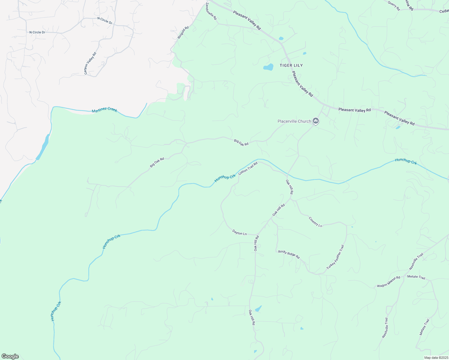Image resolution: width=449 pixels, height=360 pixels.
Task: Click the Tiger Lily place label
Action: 291,65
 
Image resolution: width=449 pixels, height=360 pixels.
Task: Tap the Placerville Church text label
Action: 294,121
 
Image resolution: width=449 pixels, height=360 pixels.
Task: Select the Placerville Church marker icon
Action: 315,121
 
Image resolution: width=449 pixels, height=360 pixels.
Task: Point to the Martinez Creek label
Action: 104,110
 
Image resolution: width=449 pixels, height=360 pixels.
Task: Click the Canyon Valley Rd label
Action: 90,63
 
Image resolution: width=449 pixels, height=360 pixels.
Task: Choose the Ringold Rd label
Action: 183,32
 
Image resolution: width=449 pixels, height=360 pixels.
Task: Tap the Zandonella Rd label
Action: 211,12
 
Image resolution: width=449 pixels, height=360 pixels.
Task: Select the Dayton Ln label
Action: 240,232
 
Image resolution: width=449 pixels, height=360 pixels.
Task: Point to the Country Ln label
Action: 315,222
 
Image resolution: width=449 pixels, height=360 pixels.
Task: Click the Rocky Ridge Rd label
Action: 289,254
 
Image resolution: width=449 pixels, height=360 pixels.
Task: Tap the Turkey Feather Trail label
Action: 335,257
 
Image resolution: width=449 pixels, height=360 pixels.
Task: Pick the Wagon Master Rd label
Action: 389,282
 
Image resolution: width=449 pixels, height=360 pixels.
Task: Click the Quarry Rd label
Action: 394,6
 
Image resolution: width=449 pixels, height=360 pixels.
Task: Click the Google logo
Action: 10,356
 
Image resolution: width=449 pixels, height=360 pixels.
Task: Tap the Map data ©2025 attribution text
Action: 435,358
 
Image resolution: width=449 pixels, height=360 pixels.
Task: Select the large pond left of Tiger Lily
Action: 268,67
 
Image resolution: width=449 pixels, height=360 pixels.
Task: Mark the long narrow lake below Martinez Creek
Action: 43,147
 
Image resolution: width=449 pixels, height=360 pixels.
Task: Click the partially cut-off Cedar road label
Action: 444,11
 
